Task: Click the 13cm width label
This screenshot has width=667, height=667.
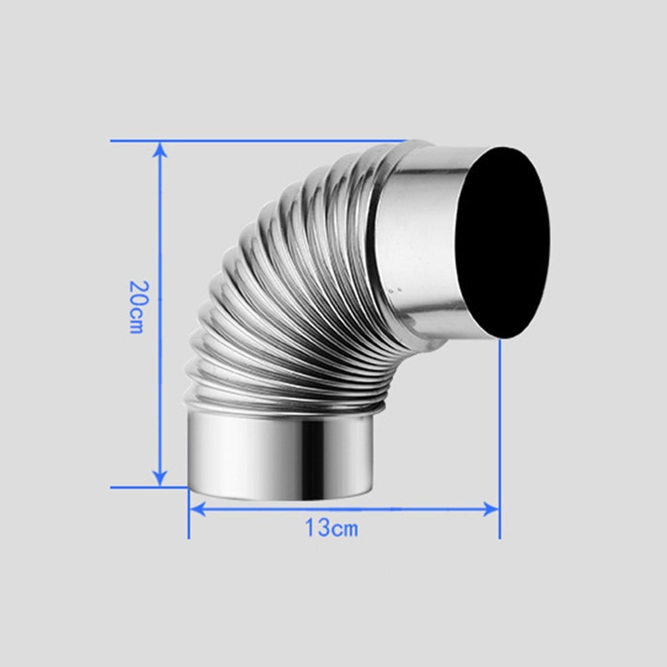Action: coord(331,528)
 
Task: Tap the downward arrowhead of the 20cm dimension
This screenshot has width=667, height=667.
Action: coord(159,478)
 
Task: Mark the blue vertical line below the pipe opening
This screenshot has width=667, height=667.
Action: coord(499,433)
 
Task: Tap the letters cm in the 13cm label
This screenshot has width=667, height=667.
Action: coord(344,529)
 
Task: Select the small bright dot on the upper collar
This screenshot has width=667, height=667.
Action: coord(399,291)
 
